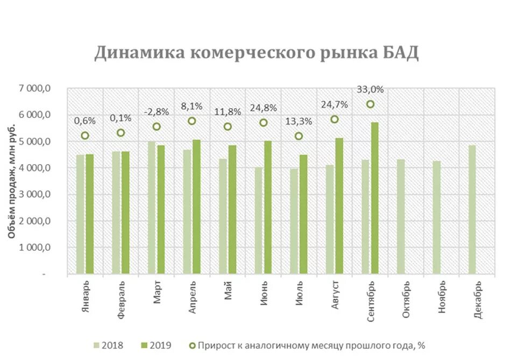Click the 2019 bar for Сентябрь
(x=374, y=199)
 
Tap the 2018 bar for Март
(x=152, y=208)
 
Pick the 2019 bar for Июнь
(x=267, y=208)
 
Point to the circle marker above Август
(x=335, y=119)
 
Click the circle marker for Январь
(x=85, y=136)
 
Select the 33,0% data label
(x=370, y=90)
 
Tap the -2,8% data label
(x=157, y=112)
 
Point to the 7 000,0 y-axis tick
(x=37, y=88)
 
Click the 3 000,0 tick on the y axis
(x=37, y=194)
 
